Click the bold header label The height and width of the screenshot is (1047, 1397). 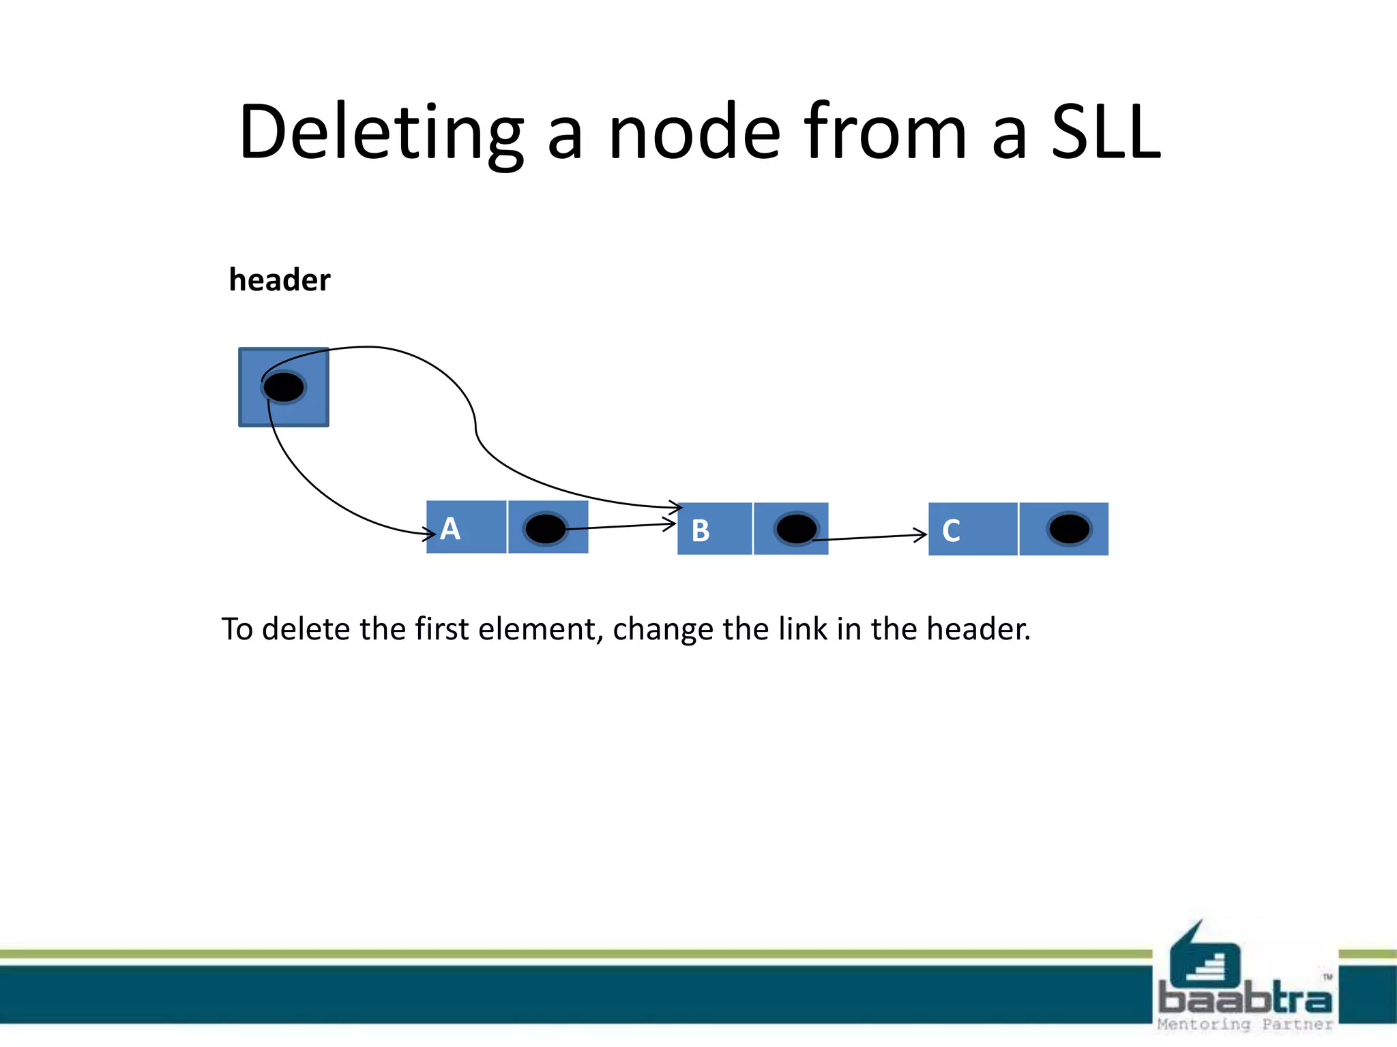(x=280, y=280)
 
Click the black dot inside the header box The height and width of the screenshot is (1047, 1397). (x=284, y=387)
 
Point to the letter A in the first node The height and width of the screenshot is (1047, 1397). (x=450, y=529)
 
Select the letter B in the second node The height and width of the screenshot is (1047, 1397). (x=701, y=530)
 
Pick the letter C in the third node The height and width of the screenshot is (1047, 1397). (x=952, y=530)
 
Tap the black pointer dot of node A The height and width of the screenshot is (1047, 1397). (x=546, y=529)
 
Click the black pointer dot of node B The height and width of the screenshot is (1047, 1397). (x=796, y=529)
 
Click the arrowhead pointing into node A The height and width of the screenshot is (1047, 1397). (x=430, y=533)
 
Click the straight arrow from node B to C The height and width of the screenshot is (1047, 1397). (x=870, y=538)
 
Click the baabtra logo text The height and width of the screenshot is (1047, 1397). (x=1244, y=999)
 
